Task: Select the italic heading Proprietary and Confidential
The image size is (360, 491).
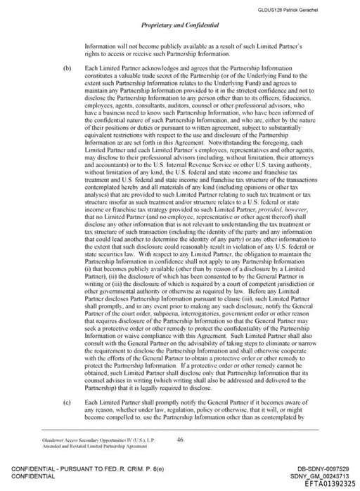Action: pos(180,25)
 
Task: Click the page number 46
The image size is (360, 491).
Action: pos(180,440)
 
